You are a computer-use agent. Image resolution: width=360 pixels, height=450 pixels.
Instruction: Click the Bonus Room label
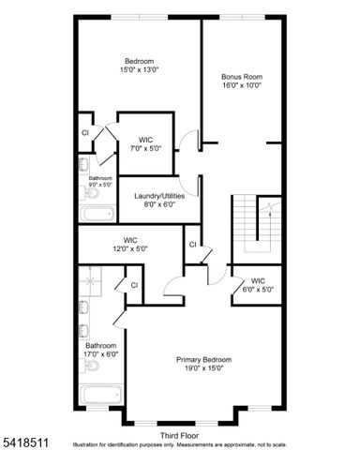click(x=241, y=76)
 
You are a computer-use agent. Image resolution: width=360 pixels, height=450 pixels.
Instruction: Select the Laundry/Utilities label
click(x=159, y=195)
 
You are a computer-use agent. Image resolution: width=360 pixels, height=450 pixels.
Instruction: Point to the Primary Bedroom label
click(x=203, y=359)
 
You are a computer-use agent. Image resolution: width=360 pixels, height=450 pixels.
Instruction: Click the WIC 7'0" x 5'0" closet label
click(x=146, y=139)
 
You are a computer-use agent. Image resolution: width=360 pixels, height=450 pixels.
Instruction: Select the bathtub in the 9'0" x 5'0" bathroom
click(x=97, y=214)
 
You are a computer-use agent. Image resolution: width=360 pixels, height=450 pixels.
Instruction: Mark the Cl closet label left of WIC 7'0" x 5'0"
click(x=84, y=133)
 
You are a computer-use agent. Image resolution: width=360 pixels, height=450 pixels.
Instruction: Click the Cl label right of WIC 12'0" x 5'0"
click(x=192, y=245)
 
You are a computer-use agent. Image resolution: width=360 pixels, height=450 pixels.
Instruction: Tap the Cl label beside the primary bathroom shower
click(x=134, y=285)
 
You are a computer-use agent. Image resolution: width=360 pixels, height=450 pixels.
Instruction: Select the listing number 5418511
click(x=22, y=436)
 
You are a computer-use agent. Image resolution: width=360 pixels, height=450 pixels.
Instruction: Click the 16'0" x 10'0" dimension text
click(x=241, y=85)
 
